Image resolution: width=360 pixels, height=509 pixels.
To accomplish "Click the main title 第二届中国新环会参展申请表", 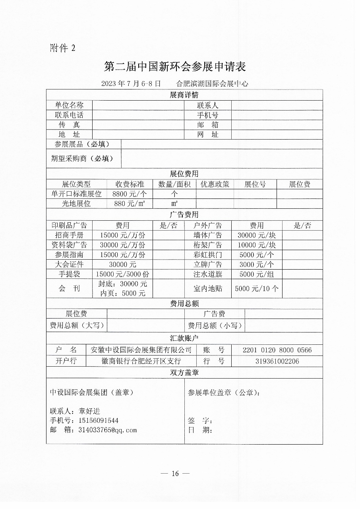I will (x=175, y=66).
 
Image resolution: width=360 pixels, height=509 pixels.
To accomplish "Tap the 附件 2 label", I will (x=63, y=48).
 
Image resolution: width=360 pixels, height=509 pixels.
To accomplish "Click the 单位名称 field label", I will (x=69, y=105).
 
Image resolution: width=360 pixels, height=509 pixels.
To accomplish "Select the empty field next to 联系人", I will (x=277, y=105).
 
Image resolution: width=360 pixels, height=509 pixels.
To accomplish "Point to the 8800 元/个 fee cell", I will (x=130, y=194).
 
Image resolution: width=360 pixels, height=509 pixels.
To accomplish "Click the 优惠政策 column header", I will (x=215, y=184).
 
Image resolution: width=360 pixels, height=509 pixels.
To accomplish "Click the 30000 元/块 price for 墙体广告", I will (x=257, y=235).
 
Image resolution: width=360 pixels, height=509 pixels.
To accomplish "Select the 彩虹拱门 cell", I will (x=208, y=255).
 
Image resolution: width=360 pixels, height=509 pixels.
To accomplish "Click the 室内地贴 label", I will (x=208, y=289).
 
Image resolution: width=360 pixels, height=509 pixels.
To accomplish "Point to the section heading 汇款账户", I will (x=184, y=338).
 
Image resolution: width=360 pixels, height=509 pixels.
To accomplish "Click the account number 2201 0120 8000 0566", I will (x=277, y=350).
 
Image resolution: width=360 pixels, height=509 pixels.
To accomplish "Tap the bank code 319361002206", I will (x=277, y=361).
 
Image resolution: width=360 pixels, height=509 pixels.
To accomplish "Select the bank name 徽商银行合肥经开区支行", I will (x=141, y=361).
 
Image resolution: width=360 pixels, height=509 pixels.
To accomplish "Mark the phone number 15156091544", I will (x=98, y=420).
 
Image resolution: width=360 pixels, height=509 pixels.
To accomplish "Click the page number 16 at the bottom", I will (x=175, y=473).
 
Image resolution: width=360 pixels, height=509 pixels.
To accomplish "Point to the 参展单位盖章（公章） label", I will (x=224, y=392).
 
